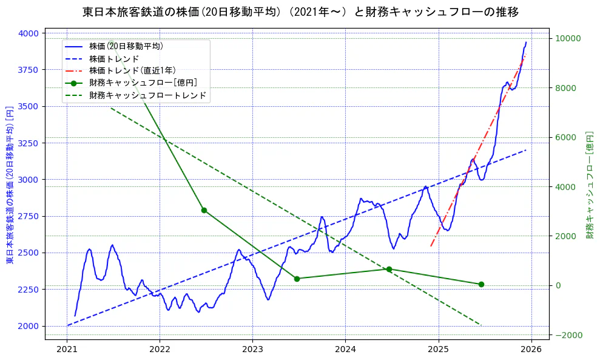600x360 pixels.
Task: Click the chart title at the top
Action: coord(300,12)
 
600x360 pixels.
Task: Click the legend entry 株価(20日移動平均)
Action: coord(126,46)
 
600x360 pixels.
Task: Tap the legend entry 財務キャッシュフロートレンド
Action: coord(147,95)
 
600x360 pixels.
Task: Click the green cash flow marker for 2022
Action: coord(204,210)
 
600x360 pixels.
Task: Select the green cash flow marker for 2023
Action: coord(297,279)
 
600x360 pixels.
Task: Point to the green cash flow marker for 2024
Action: coord(389,269)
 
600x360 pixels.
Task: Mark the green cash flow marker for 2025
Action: coord(481,284)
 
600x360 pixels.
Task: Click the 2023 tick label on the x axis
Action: coord(252,350)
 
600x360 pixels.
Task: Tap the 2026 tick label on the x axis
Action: coord(531,350)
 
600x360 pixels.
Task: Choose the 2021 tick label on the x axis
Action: coord(67,350)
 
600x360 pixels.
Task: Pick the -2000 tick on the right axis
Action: coord(568,335)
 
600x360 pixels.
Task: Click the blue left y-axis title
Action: coord(10,185)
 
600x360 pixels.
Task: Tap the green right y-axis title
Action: coord(589,185)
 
